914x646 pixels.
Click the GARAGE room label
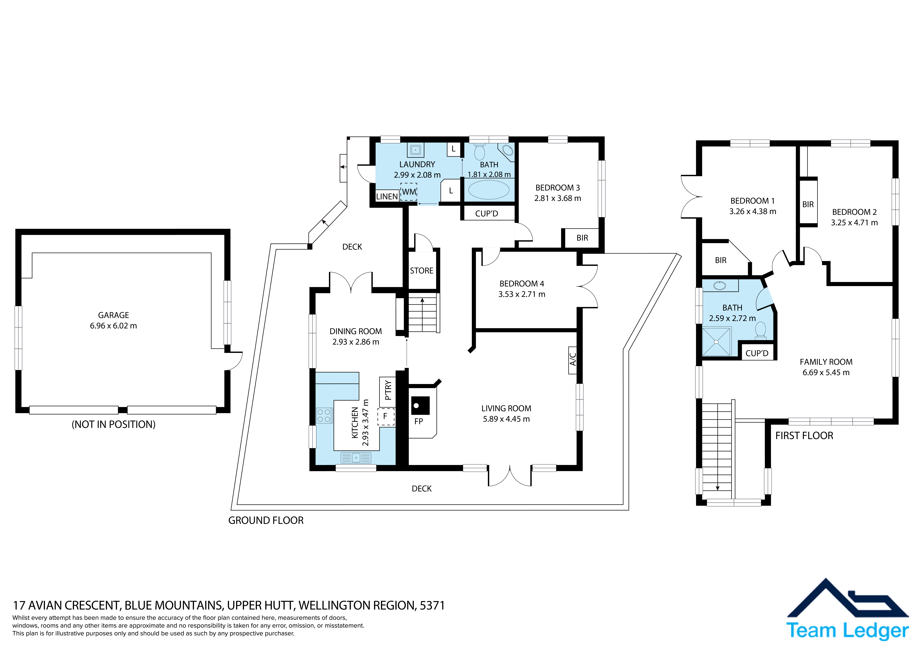[113, 315]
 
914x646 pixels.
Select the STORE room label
[422, 271]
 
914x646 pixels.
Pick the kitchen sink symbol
[356, 458]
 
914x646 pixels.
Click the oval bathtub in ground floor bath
[488, 190]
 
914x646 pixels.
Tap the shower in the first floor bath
[717, 342]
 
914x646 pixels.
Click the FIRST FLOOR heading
[804, 436]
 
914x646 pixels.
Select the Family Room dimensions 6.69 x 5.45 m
[826, 373]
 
